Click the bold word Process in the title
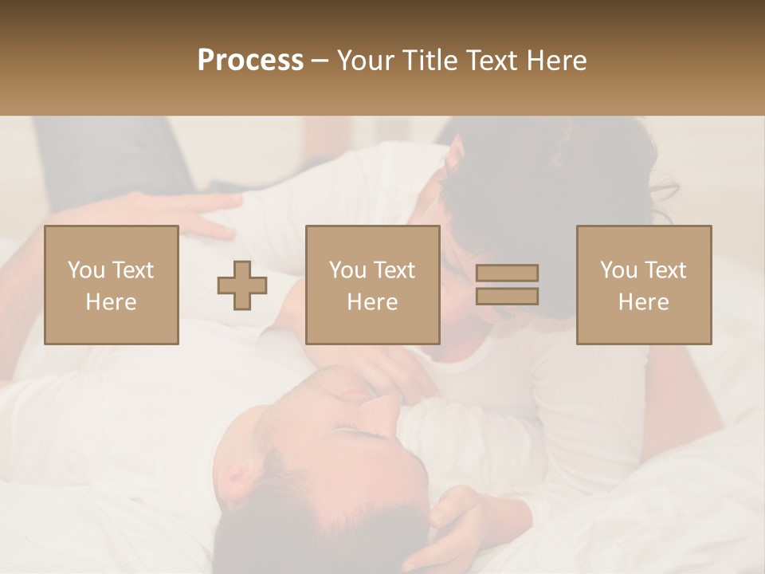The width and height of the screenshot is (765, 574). click(250, 61)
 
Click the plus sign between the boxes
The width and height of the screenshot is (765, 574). click(242, 285)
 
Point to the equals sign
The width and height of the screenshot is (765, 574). click(507, 285)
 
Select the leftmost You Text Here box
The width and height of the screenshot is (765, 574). click(112, 285)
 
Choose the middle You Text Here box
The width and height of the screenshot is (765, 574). click(373, 285)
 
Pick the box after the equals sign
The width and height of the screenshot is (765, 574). click(644, 285)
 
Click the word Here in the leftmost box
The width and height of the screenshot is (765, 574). click(112, 302)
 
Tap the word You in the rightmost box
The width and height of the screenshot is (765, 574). click(618, 270)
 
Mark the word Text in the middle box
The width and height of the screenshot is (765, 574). click(394, 270)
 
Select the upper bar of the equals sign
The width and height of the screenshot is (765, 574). click(507, 273)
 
